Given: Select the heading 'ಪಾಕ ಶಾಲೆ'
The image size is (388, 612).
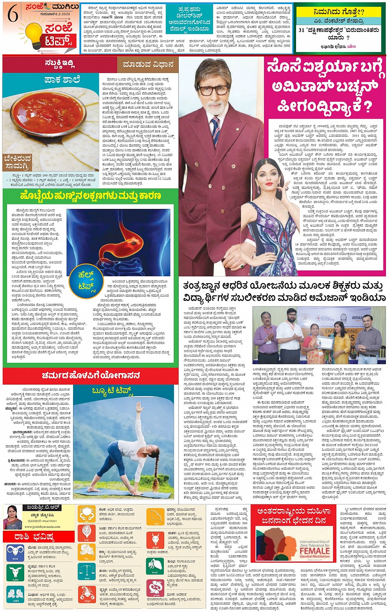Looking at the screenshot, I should [62, 80].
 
